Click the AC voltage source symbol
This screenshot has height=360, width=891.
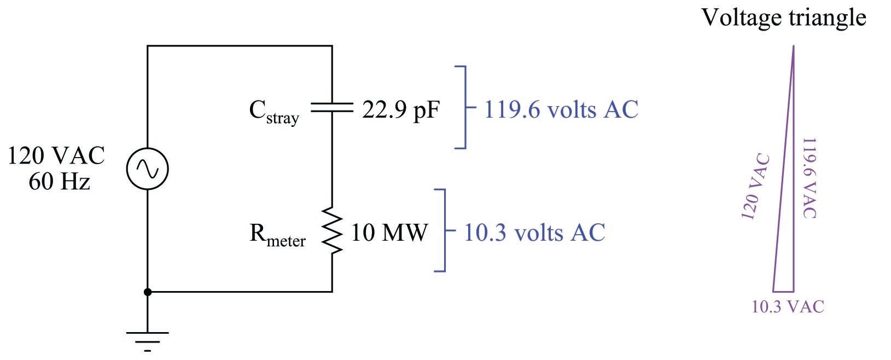tap(147, 169)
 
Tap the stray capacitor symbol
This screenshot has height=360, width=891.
tap(332, 109)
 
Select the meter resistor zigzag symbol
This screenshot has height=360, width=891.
tap(332, 230)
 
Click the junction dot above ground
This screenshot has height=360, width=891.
tap(147, 292)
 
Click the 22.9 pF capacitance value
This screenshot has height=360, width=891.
tap(400, 111)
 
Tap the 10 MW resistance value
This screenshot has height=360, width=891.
tap(389, 233)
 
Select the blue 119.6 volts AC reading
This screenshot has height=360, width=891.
tap(561, 109)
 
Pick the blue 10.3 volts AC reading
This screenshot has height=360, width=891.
tap(534, 232)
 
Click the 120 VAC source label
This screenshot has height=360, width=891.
tap(56, 156)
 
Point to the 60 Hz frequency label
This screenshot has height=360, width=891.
tap(59, 181)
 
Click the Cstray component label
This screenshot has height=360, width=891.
tap(274, 112)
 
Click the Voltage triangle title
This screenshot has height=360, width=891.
tap(783, 17)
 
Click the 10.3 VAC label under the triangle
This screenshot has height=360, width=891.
tap(788, 307)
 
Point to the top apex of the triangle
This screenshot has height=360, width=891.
tap(793, 47)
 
